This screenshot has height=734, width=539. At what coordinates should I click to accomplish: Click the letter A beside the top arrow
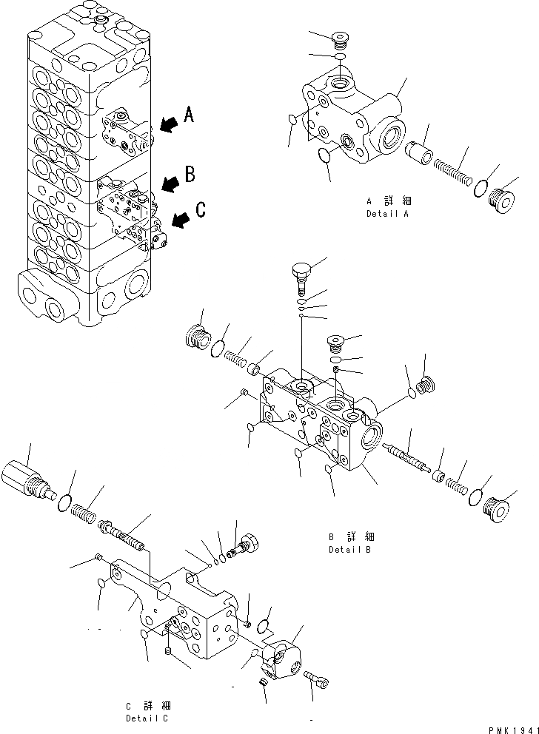190,114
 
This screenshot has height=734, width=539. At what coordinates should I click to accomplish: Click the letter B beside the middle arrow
190,175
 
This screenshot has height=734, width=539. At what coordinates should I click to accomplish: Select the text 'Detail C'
146,718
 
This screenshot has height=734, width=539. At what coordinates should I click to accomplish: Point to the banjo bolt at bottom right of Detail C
317,679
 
